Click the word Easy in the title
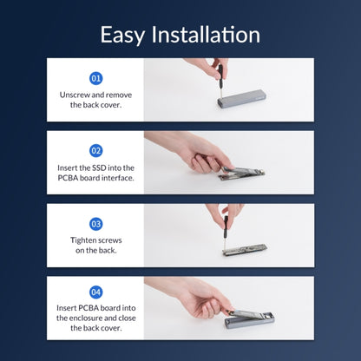point(122,35)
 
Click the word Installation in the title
point(206,35)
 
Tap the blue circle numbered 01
point(95,78)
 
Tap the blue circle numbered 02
point(95,151)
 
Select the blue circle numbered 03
point(95,224)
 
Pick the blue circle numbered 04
point(95,292)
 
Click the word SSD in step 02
point(99,167)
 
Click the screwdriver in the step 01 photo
point(220,82)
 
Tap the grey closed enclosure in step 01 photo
point(242,100)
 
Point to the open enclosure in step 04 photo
point(249,321)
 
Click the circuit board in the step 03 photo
point(245,250)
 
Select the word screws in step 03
point(109,240)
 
